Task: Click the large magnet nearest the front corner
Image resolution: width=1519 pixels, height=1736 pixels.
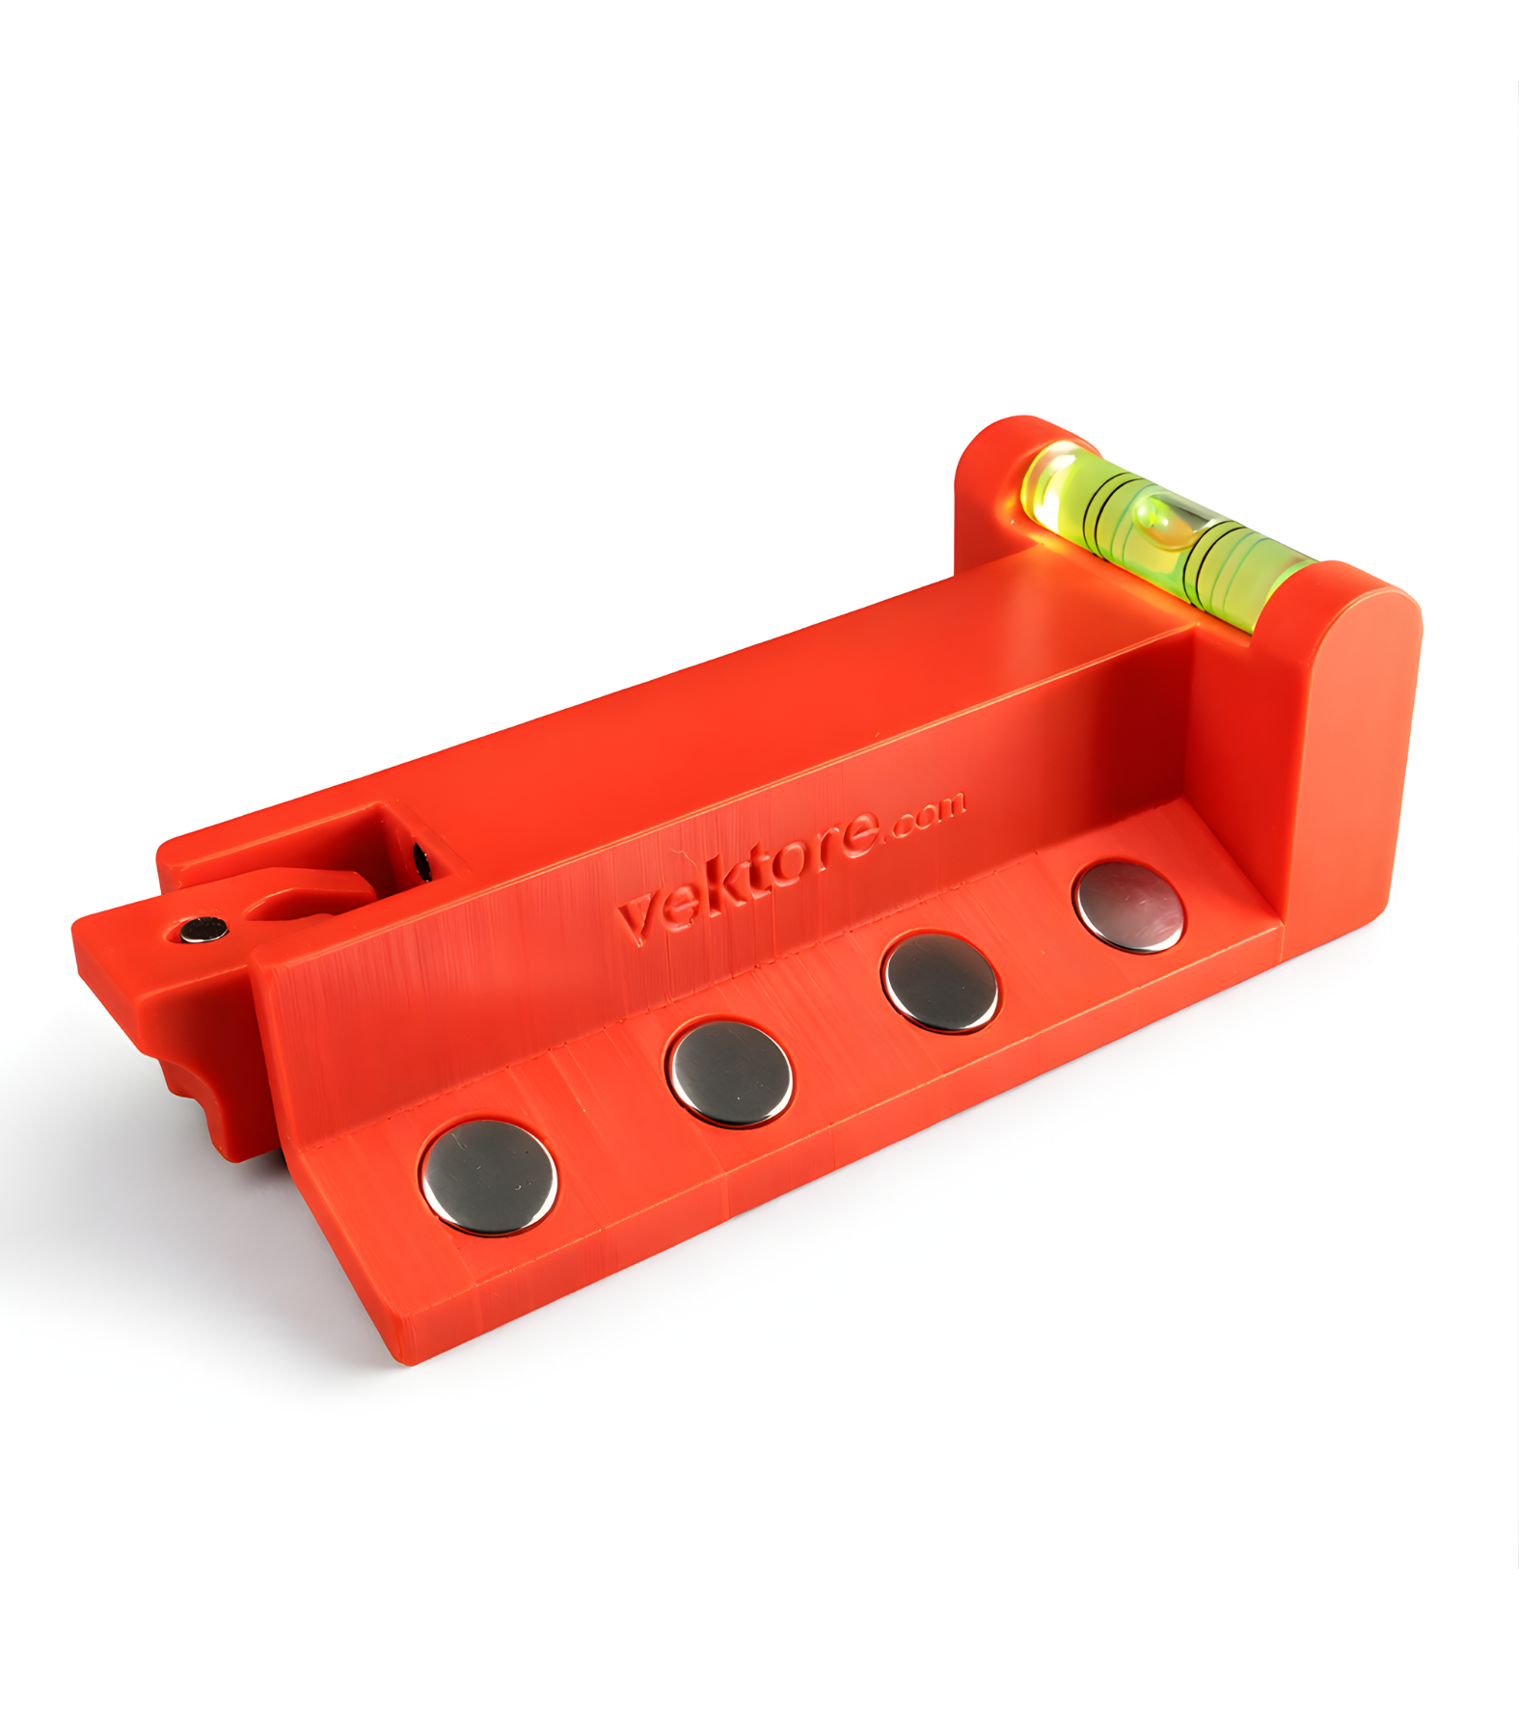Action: pyautogui.click(x=489, y=1176)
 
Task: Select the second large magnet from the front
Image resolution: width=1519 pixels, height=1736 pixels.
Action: pyautogui.click(x=729, y=1072)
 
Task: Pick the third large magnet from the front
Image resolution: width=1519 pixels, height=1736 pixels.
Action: pyautogui.click(x=939, y=981)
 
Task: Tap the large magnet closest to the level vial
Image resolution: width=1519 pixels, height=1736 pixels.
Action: pyautogui.click(x=1129, y=907)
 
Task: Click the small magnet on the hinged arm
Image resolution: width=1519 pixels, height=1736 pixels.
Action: pyautogui.click(x=203, y=930)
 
